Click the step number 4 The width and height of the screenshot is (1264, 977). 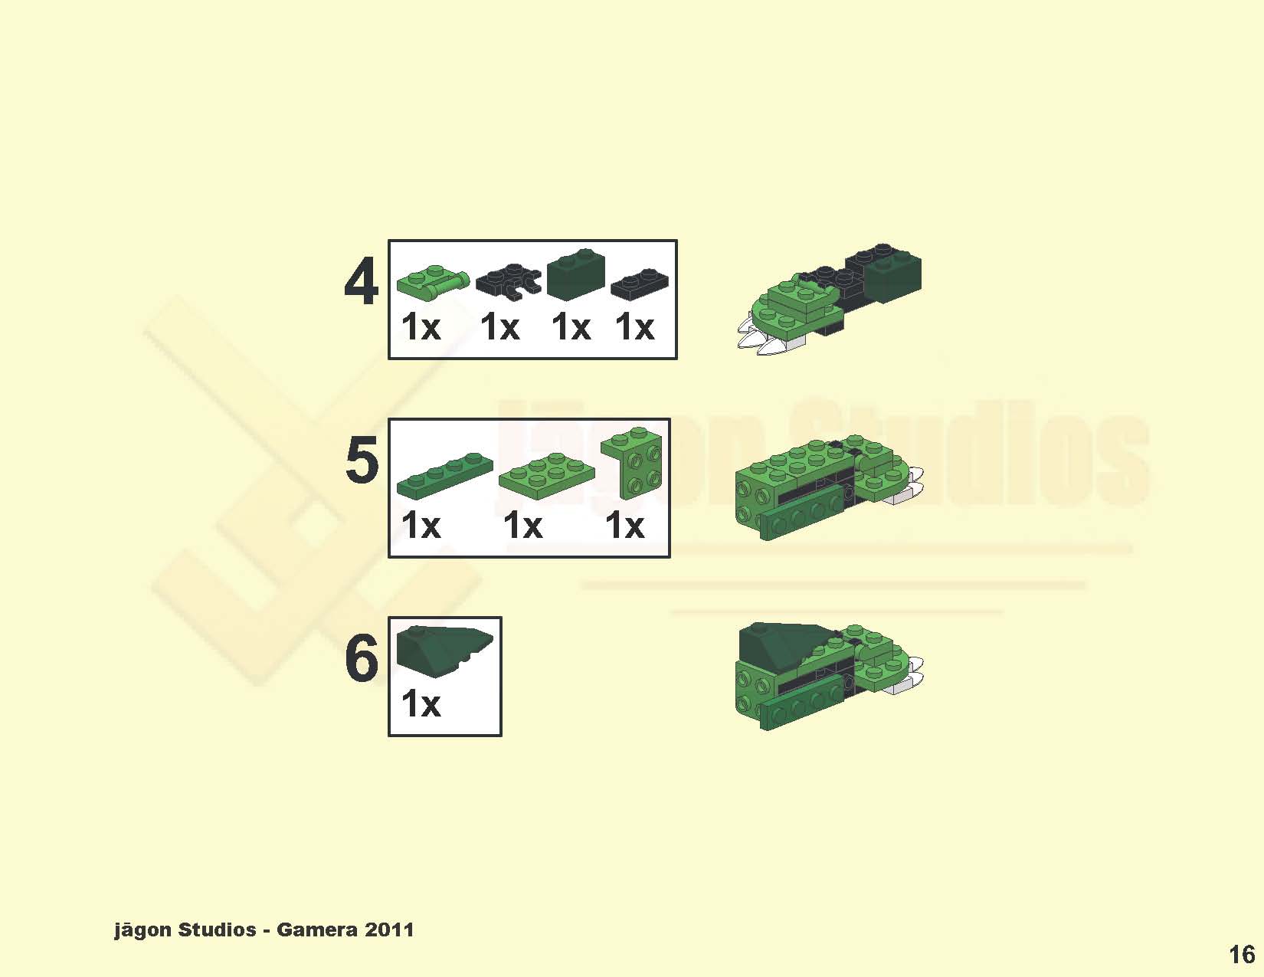(362, 283)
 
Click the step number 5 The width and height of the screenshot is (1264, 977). (362, 460)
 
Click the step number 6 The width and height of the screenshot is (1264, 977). (362, 658)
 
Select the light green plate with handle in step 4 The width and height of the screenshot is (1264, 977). (433, 282)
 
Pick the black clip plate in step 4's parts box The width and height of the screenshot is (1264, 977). (509, 282)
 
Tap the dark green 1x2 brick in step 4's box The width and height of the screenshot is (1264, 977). (576, 274)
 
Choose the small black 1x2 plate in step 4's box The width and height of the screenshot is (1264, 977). (639, 284)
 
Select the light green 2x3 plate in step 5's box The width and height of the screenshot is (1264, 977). (546, 475)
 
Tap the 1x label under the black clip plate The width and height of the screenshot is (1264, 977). (499, 327)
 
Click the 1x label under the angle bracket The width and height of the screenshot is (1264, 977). (625, 526)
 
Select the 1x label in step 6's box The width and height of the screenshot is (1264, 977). (421, 703)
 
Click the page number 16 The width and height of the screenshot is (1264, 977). (1241, 955)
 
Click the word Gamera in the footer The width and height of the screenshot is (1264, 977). (316, 929)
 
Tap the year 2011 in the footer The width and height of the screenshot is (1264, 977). (389, 929)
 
